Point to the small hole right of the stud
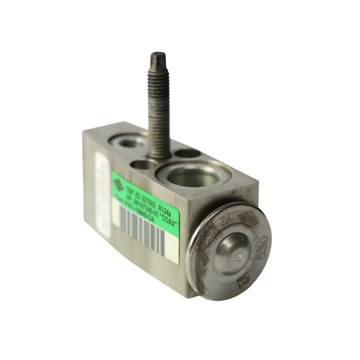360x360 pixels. point(187,153)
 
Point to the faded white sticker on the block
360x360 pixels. point(102,193)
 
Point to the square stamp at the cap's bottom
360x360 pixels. point(242,283)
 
